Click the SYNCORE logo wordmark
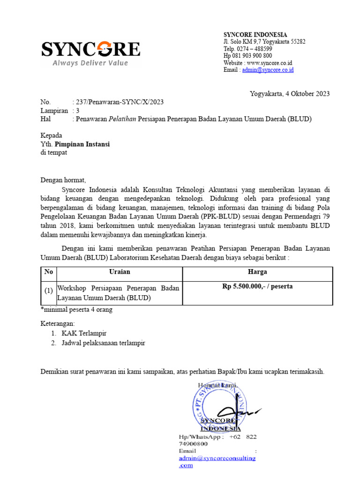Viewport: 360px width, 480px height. point(90,49)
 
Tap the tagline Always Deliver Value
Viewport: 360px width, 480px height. point(90,63)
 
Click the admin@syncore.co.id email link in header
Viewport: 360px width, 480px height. point(268,70)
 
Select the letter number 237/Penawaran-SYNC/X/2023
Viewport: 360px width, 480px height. point(119,102)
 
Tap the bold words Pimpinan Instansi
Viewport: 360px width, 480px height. point(82,144)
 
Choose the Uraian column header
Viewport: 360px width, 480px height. point(120,272)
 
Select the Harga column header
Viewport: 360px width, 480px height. point(257,272)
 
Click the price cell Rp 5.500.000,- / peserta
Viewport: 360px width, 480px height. point(257,286)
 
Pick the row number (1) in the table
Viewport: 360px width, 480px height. point(49,291)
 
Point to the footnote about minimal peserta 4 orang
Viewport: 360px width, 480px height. point(77,310)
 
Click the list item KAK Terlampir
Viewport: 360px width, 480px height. point(84,333)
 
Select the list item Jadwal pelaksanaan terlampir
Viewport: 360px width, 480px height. point(103,343)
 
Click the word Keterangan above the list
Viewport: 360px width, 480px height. point(58,323)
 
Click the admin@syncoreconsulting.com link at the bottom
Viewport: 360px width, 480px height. point(217,458)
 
